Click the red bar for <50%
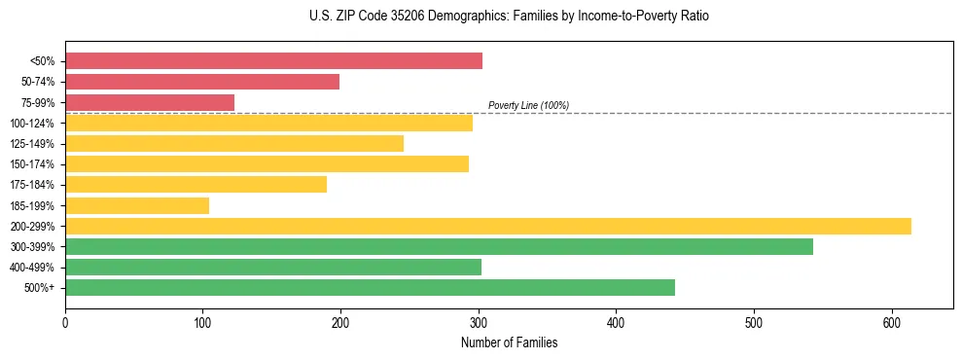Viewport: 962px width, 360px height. pos(273,61)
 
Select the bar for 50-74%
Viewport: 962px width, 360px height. pos(202,82)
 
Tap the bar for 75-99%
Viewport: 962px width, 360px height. pos(150,102)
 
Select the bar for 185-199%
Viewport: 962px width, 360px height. pos(137,205)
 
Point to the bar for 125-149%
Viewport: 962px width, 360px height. pos(234,144)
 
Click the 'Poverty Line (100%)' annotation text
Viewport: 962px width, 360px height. pos(528,105)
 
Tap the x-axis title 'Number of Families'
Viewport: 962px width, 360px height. pos(509,342)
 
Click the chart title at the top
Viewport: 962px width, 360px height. pos(509,17)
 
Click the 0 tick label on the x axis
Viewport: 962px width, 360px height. pos(65,322)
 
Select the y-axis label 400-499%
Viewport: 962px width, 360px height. pos(37,268)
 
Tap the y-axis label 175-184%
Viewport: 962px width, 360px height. pos(37,185)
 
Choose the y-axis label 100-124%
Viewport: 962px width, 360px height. pos(37,124)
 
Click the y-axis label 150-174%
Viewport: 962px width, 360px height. pos(37,164)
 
